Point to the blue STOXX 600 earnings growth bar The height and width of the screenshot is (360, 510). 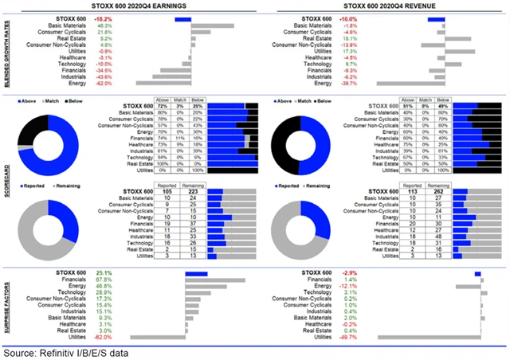182,18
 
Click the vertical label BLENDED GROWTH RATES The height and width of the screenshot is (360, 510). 6,49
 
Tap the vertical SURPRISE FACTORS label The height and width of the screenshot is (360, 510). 6,306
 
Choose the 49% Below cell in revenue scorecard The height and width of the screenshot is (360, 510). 437,105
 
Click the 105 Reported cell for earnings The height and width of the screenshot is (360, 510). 167,192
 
